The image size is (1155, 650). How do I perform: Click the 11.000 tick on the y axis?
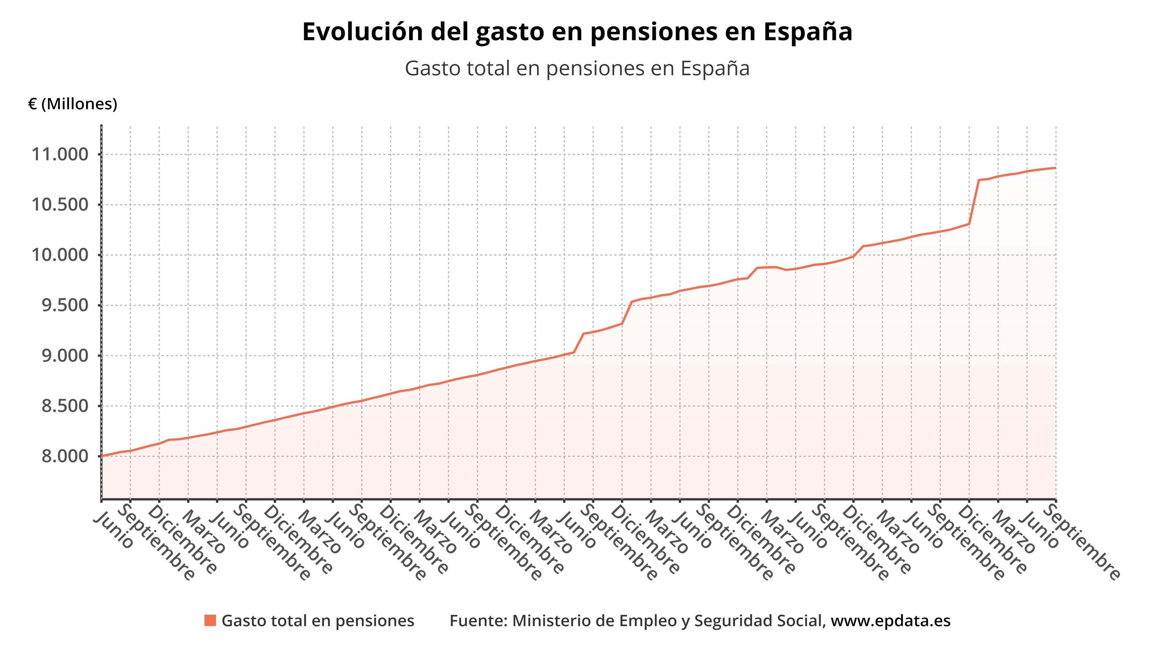click(x=60, y=154)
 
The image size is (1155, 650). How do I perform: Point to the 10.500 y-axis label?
click(x=60, y=205)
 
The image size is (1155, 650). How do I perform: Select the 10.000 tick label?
click(x=60, y=255)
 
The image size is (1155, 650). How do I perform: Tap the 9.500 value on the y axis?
click(x=65, y=305)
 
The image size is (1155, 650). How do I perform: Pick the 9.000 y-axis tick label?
click(x=65, y=356)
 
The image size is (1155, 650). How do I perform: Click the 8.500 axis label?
click(x=65, y=406)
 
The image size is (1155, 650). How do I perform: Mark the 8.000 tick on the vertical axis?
click(x=65, y=456)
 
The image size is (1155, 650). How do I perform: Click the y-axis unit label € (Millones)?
click(x=72, y=104)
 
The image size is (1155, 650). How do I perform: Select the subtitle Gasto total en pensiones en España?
click(x=577, y=69)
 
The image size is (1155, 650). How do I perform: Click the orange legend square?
click(x=210, y=621)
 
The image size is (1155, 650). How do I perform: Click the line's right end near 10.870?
click(x=1055, y=168)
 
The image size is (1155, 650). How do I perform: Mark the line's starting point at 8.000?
click(x=102, y=456)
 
